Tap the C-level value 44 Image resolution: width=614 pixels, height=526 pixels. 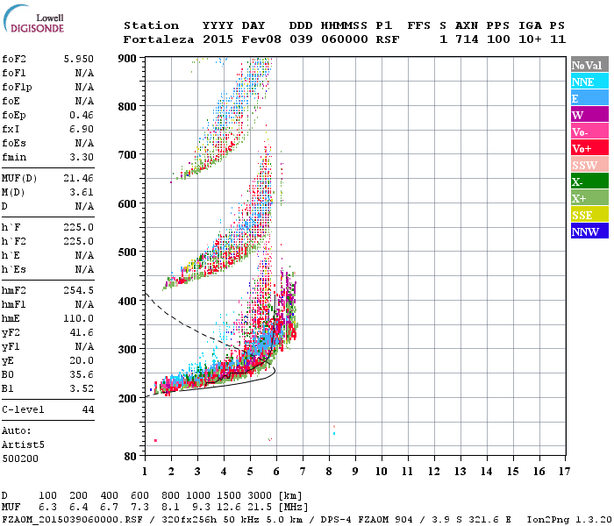tap(88, 409)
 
